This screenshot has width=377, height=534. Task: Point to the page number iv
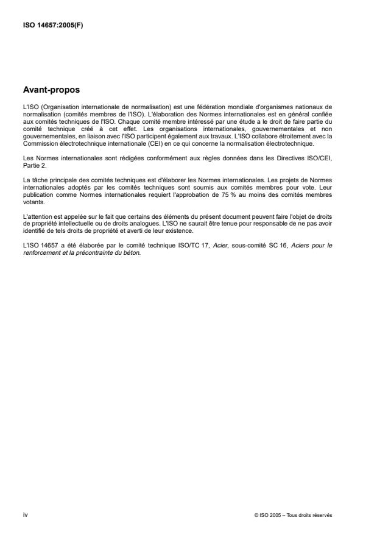tap(25, 514)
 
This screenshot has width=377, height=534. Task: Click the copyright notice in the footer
tap(293, 515)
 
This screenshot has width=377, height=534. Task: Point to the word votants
tap(31, 205)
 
